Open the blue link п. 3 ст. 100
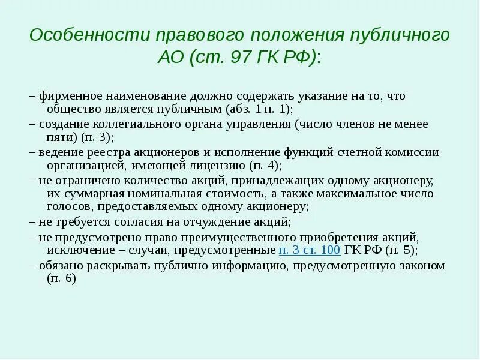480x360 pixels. [310, 250]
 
